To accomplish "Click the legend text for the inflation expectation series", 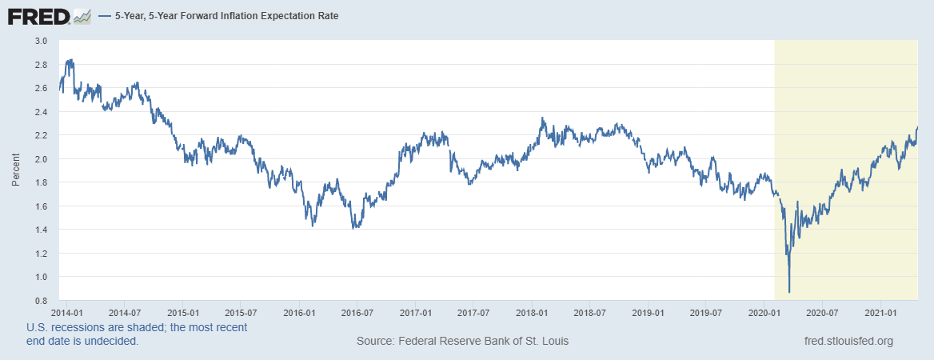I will click(x=225, y=16).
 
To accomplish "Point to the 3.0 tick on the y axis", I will click(x=41, y=41).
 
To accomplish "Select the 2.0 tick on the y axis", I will click(x=41, y=159).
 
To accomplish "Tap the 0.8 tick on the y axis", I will click(x=41, y=301).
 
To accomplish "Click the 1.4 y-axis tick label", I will click(x=41, y=230).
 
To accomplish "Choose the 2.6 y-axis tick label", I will click(x=41, y=88).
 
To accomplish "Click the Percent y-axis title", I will click(x=16, y=171).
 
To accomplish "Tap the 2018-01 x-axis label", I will click(x=531, y=312).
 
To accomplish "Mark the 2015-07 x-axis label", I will click(x=240, y=312).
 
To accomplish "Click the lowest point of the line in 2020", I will click(x=789, y=293).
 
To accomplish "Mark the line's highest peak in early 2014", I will click(x=72, y=59).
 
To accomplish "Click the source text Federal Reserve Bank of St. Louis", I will click(x=462, y=342).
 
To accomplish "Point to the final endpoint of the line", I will click(x=917, y=127).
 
